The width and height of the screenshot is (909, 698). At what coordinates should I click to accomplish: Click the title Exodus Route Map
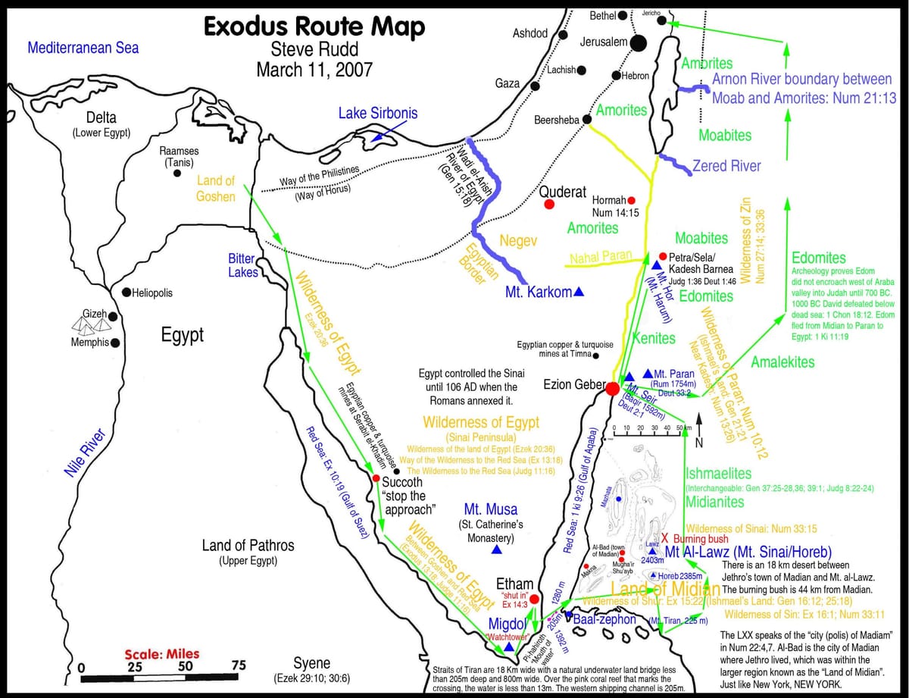(314, 27)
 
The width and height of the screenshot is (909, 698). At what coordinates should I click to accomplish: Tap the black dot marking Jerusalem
(639, 43)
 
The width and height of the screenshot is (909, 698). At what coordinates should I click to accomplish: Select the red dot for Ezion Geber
(613, 388)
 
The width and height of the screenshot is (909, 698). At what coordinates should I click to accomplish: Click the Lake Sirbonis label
(377, 114)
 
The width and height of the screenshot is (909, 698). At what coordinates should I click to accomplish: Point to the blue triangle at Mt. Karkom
(579, 292)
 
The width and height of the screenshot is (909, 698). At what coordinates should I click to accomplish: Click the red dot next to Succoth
(376, 478)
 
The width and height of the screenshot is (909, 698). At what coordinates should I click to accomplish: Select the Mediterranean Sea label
(83, 48)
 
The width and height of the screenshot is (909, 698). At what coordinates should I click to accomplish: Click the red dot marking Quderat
(549, 205)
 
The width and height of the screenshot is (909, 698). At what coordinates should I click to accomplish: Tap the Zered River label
(726, 165)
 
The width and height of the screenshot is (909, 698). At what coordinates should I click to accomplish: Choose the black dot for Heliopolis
(126, 293)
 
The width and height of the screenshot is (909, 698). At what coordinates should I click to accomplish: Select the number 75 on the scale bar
(238, 666)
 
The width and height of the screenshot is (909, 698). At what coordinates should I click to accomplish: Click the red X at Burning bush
(664, 537)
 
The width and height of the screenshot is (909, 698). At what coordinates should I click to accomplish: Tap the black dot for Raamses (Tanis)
(177, 173)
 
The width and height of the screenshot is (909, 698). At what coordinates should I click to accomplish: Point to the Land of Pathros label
(248, 546)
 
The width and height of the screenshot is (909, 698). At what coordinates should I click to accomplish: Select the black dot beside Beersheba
(586, 120)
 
